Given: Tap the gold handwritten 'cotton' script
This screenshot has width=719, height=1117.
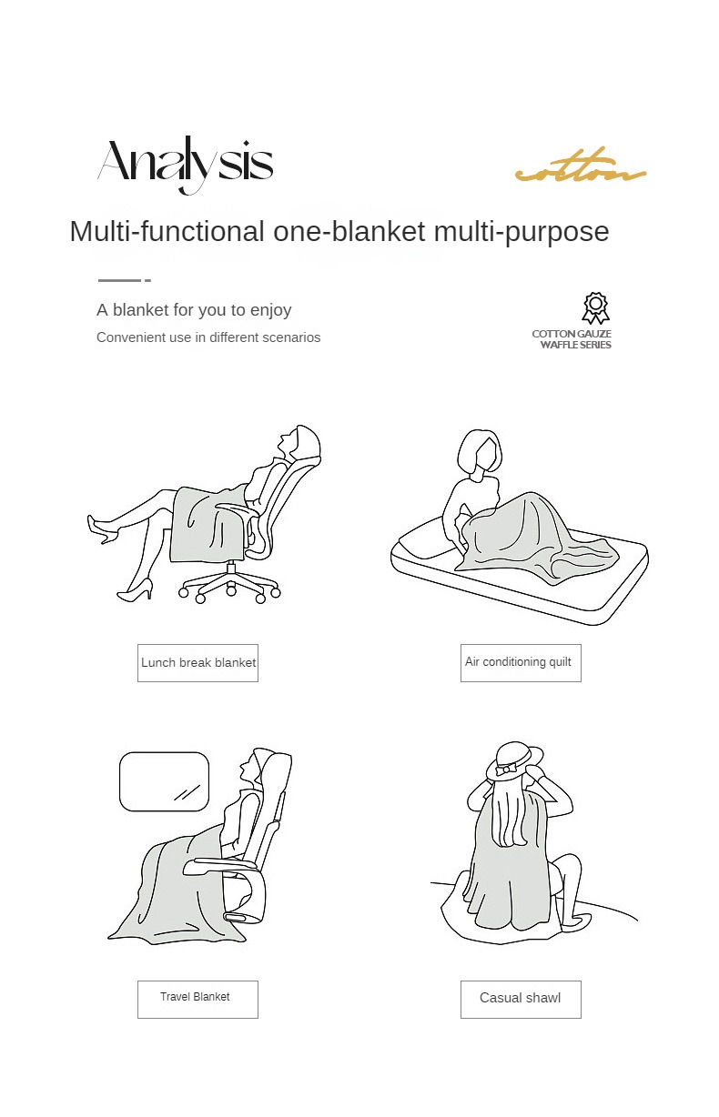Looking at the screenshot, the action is (581, 166).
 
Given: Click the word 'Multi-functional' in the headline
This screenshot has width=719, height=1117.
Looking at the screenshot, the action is (167, 231).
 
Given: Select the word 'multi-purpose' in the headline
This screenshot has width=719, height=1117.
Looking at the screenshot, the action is (522, 232).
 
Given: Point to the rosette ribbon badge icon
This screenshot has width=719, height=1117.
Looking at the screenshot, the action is (595, 308).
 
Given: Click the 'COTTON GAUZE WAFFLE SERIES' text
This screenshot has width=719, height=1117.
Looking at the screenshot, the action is (572, 339).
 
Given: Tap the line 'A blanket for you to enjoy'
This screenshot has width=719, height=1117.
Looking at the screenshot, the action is (194, 310).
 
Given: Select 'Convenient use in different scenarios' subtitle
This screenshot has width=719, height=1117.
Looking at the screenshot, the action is (208, 337).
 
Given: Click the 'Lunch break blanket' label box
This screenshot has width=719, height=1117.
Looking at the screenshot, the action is (197, 663).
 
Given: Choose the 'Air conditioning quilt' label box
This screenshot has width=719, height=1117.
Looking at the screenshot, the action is (521, 663).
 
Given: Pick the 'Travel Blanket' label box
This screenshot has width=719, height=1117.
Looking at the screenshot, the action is (197, 1000).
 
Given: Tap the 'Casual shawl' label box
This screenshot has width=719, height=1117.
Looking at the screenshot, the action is (521, 1000).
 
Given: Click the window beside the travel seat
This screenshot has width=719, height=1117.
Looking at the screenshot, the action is (164, 781).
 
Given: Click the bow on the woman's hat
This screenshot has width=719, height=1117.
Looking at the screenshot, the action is (506, 770).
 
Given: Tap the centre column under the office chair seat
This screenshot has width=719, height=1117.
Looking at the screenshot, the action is (231, 570).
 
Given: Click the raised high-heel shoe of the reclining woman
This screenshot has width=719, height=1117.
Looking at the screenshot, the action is (103, 529).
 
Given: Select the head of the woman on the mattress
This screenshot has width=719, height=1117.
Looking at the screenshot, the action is (480, 453).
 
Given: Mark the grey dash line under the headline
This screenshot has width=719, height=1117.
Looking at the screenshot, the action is (125, 280).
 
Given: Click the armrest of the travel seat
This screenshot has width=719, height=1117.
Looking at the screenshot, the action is (219, 864).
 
